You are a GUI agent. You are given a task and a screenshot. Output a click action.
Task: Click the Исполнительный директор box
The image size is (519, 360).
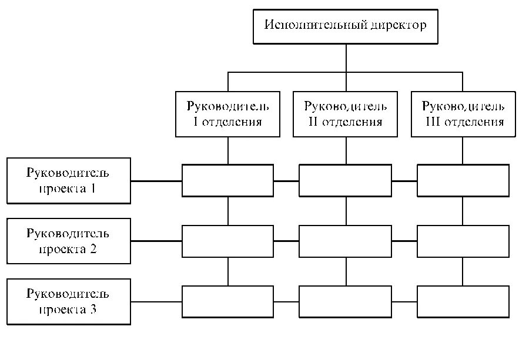[345, 26]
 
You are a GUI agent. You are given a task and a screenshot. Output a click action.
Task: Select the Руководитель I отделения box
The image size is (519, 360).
[228, 114]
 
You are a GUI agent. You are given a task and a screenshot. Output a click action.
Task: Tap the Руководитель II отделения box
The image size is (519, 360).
[345, 114]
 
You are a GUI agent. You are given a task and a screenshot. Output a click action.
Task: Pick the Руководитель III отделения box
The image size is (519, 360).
[463, 114]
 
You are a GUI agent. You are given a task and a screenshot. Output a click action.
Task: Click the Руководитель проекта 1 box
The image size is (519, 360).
[68, 180]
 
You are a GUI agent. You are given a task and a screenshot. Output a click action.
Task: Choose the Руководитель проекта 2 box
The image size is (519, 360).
[68, 241]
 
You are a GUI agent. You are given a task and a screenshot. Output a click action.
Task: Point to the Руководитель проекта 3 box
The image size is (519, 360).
[68, 302]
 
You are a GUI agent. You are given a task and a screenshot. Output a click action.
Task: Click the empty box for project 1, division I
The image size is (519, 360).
[227, 180]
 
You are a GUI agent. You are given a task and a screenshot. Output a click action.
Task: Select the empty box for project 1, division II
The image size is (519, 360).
[345, 180]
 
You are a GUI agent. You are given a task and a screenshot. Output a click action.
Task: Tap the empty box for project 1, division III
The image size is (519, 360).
[463, 180]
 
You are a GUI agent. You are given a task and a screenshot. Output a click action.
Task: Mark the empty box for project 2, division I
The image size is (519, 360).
[227, 241]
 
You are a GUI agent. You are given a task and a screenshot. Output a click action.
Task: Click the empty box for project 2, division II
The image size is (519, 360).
[345, 241]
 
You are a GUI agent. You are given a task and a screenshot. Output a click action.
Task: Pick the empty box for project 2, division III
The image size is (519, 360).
[463, 241]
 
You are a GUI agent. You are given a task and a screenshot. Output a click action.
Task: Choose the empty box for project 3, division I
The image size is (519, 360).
[227, 301]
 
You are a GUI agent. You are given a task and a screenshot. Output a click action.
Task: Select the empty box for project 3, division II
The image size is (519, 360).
[345, 301]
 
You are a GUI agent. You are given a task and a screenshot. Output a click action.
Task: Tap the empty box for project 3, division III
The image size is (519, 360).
[463, 301]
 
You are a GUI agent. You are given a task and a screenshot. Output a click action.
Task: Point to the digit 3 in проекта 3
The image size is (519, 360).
[93, 309]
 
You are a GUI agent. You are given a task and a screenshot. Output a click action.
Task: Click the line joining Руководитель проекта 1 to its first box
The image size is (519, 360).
[156, 180]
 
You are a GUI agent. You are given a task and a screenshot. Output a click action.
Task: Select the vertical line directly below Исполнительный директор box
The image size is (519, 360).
[346, 58]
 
